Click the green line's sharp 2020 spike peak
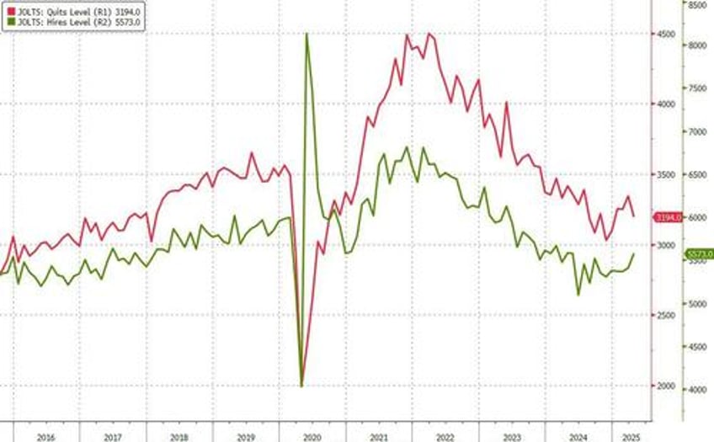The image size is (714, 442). (306, 34)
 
